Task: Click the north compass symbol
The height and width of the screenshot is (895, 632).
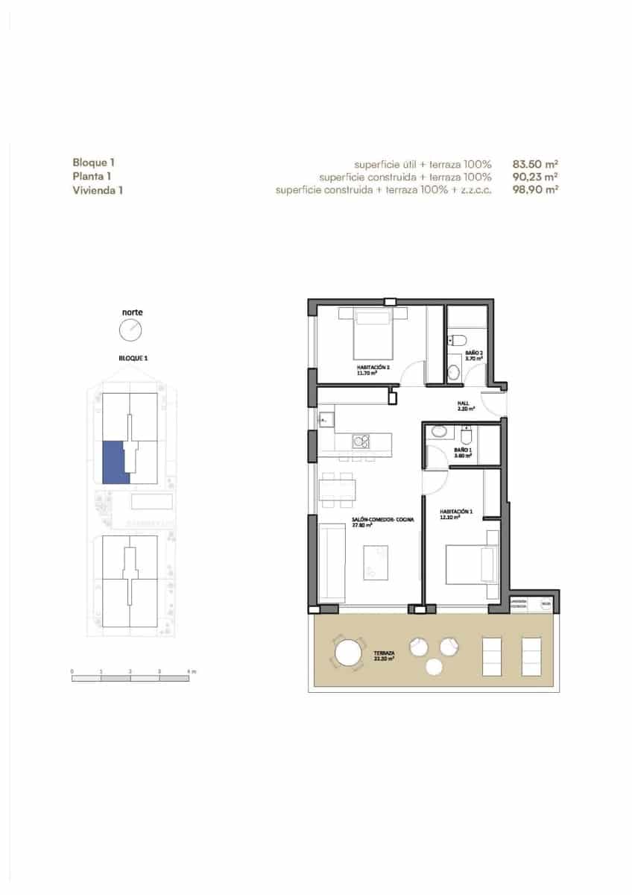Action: coord(130,329)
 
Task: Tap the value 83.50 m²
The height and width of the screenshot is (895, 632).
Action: coord(536,163)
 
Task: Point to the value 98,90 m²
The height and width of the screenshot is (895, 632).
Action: coord(536,190)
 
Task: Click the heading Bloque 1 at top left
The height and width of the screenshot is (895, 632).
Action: coord(94,163)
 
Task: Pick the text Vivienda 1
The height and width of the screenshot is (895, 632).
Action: coord(98,190)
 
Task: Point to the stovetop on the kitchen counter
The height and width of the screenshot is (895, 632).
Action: coord(360,441)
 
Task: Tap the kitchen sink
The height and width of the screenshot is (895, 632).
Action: coord(325,420)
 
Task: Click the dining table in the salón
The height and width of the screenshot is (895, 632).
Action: coord(336,489)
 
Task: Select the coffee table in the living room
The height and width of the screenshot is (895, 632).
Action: coord(376,562)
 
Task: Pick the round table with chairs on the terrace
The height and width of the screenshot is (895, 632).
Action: coord(349,654)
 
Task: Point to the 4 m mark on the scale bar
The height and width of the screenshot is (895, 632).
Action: coord(190,672)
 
